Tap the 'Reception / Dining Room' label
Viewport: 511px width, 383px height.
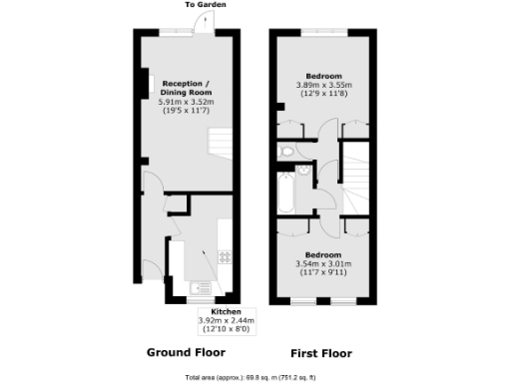(186, 87)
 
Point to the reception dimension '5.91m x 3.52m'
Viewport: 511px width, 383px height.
(186, 102)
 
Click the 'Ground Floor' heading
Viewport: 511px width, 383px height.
(186, 352)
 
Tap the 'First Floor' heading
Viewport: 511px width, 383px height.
(321, 353)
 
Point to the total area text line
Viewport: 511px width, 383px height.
(249, 377)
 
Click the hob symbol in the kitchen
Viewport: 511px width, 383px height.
(226, 256)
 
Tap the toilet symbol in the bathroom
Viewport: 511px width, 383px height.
(286, 152)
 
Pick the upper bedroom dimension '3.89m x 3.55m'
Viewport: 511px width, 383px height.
(324, 85)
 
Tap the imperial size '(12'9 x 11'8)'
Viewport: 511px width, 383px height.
(324, 94)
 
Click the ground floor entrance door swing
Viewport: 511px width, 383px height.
(153, 185)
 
